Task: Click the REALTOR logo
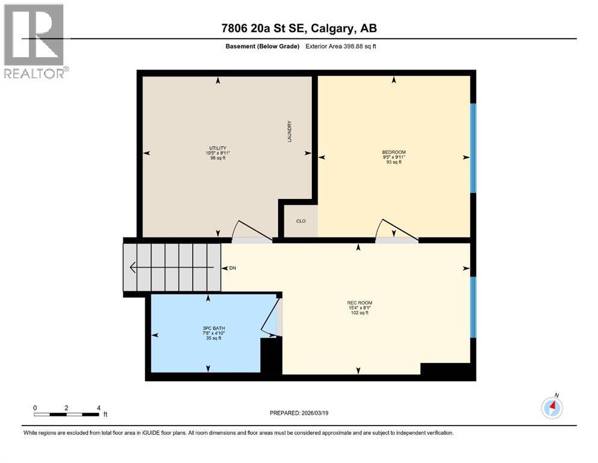pyautogui.click(x=34, y=41)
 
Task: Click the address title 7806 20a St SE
pyautogui.click(x=299, y=28)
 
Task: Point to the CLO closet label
pyautogui.click(x=301, y=221)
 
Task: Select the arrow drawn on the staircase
pyautogui.click(x=172, y=266)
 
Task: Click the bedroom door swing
pyautogui.click(x=394, y=231)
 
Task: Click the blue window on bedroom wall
pyautogui.click(x=473, y=148)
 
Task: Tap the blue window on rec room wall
pyautogui.click(x=473, y=307)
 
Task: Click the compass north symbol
pyautogui.click(x=552, y=408)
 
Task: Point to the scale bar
pyautogui.click(x=66, y=414)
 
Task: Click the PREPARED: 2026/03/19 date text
pyautogui.click(x=299, y=413)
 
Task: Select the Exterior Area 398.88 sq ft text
pyautogui.click(x=341, y=46)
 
